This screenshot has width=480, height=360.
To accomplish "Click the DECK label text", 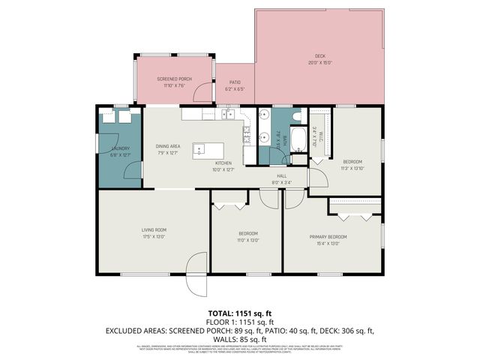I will (x=319, y=56).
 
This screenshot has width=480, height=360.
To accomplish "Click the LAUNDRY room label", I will (x=120, y=148).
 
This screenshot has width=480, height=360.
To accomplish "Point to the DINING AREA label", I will (x=168, y=146).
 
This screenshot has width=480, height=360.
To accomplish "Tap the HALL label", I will (x=281, y=175).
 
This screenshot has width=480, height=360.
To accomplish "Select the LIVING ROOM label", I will (x=154, y=230).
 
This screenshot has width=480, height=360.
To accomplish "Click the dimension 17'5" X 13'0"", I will (x=154, y=237).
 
